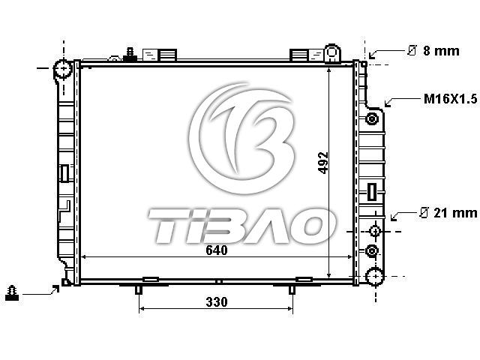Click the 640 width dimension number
click(217, 250)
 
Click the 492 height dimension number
click(323, 163)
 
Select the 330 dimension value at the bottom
click(217, 302)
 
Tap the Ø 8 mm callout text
click(433, 50)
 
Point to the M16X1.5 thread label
click(450, 99)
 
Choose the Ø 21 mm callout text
click(448, 213)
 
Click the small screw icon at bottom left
click(12, 293)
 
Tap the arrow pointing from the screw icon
click(40, 292)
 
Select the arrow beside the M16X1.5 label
click(403, 101)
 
